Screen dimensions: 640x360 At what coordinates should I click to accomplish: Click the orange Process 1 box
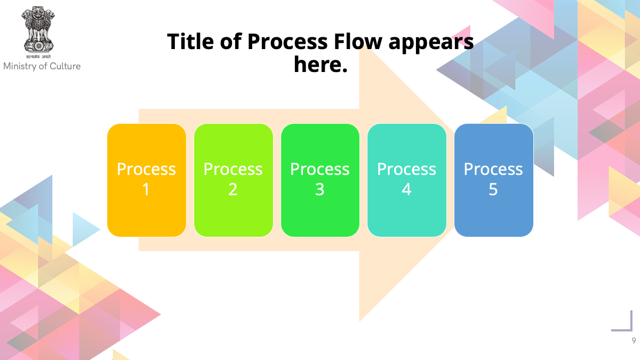pos(147,180)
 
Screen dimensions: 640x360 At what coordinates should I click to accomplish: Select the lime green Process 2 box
pos(234,180)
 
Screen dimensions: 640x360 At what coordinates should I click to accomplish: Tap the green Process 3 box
pos(320,180)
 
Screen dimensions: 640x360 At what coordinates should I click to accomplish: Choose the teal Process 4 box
pos(407,180)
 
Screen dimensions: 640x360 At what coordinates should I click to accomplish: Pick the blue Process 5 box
pos(494,180)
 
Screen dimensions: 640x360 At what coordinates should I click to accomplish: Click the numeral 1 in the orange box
pos(146,189)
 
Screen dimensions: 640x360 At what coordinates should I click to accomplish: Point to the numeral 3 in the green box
pos(319,189)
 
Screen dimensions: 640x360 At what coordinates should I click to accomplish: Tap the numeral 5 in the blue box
pos(493,189)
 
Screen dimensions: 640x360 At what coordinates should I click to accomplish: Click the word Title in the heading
pos(190,42)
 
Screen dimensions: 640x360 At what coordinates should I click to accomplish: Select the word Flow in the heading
pos(358,42)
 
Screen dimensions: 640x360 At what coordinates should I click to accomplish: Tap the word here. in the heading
pos(321,65)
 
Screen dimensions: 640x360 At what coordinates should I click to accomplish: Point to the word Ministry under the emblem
pos(20,66)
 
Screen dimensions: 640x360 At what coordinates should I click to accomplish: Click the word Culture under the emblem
pos(65,66)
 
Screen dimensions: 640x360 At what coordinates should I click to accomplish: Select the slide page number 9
pos(634,341)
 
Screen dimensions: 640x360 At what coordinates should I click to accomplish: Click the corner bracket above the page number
pos(631,330)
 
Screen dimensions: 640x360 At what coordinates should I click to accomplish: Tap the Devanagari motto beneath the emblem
pos(38,57)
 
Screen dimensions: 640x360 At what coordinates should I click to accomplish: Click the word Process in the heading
pos(287,42)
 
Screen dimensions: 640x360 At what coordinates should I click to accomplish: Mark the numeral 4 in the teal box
pos(406,189)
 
